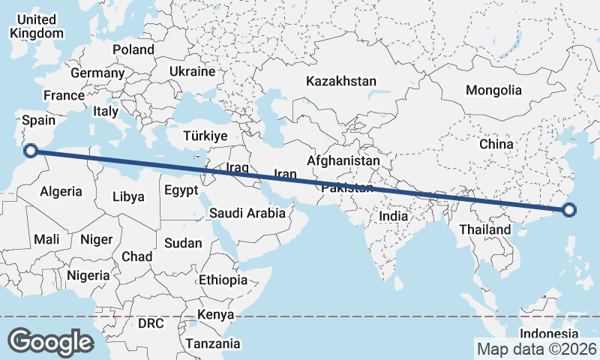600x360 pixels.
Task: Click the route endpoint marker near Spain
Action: (x=31, y=151)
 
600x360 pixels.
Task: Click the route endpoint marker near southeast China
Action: (x=569, y=210)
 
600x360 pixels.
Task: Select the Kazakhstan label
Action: (x=341, y=80)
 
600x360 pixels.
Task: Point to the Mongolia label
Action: (x=493, y=90)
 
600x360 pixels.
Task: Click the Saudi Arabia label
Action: (x=247, y=213)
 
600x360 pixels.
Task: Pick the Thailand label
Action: (x=484, y=229)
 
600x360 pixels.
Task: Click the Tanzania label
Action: (x=214, y=344)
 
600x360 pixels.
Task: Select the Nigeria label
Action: (x=88, y=275)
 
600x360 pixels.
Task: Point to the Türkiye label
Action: (x=205, y=136)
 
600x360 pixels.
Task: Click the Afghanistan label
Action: (x=343, y=160)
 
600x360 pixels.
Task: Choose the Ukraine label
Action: (x=193, y=71)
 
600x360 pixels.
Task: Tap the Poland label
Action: (x=133, y=49)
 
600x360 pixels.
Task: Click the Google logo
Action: (x=50, y=342)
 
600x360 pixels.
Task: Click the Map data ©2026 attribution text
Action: (x=536, y=349)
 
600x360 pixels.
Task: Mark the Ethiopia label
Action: (x=223, y=280)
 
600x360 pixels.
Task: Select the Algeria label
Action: (x=61, y=191)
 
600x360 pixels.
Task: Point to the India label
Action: (x=394, y=216)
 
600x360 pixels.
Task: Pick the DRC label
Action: (x=150, y=323)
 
